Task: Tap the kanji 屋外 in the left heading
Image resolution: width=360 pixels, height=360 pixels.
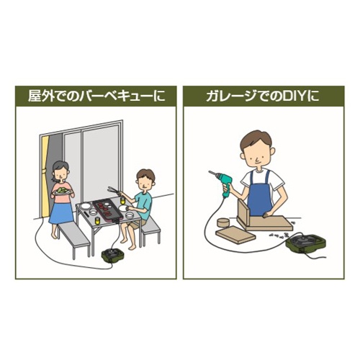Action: [x=40, y=96]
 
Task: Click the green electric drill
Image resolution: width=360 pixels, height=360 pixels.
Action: [x=222, y=182]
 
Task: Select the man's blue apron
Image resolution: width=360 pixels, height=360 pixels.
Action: [x=260, y=196]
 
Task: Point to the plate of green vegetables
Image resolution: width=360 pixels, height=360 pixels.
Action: [x=62, y=191]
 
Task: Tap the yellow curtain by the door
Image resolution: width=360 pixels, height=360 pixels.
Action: [x=45, y=175]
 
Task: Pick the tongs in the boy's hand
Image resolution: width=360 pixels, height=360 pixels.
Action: [x=115, y=190]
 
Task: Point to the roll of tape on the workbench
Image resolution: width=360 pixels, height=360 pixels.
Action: [x=223, y=222]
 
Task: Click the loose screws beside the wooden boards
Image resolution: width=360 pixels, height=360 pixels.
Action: [x=279, y=235]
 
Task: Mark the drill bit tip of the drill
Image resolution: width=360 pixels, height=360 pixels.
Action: [x=209, y=171]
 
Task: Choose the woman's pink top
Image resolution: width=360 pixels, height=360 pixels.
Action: [x=62, y=190]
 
